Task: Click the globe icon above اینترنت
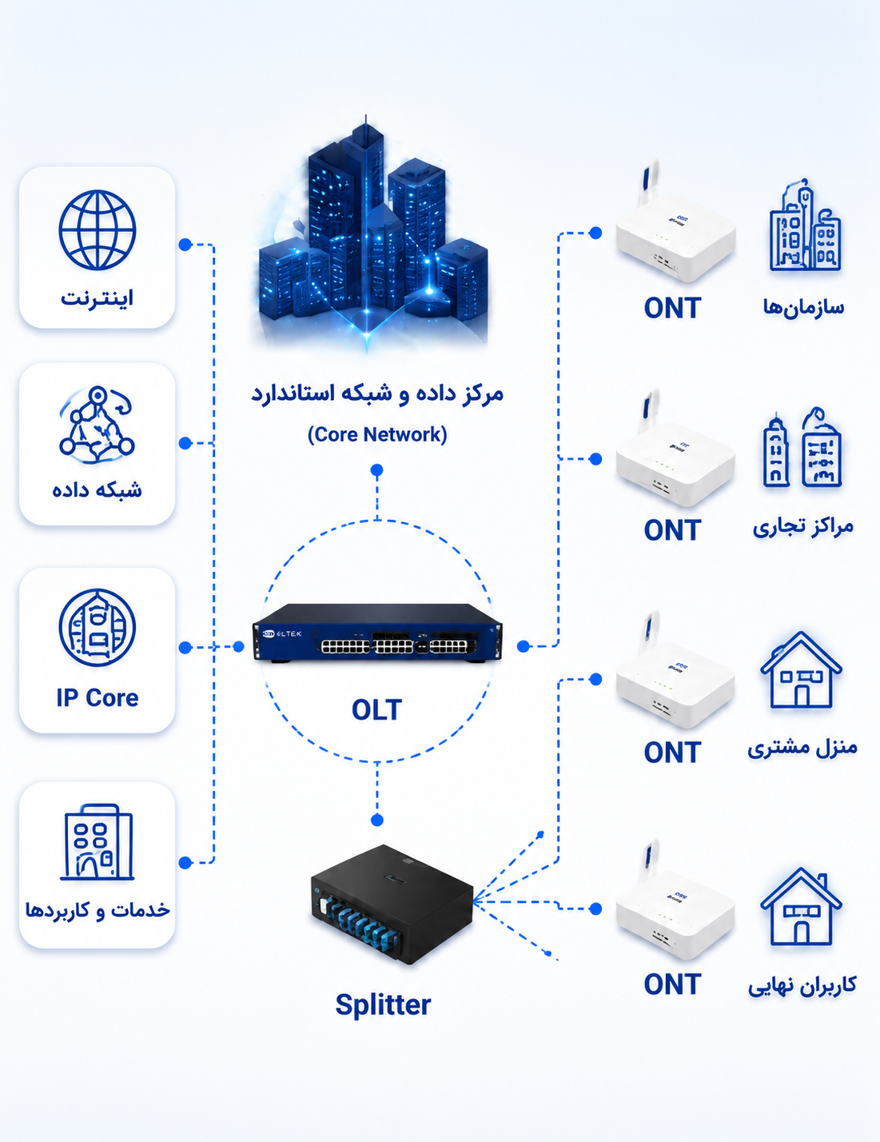click(98, 230)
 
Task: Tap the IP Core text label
click(98, 698)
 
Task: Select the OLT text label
click(377, 710)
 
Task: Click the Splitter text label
click(384, 1005)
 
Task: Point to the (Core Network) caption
click(377, 434)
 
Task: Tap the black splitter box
click(392, 904)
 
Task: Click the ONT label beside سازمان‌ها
click(673, 308)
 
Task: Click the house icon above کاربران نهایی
click(801, 905)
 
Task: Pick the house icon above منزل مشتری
click(801, 669)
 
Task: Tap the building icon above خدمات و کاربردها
click(98, 842)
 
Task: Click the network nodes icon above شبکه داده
click(98, 424)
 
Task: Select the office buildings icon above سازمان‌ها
click(804, 226)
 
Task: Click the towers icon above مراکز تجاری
click(802, 448)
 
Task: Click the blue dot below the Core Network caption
click(377, 469)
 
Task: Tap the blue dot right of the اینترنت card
click(185, 245)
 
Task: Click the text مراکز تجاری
click(802, 526)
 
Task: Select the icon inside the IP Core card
click(98, 628)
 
